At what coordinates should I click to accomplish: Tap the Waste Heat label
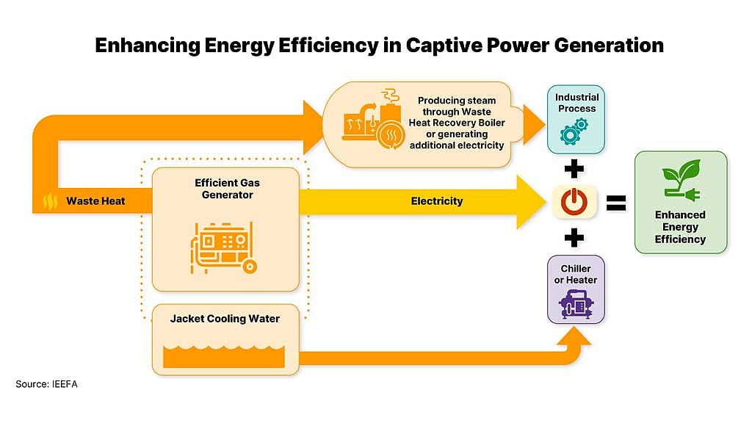[95, 201]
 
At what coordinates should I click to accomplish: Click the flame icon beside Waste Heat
[50, 201]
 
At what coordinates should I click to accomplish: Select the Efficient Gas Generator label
[228, 189]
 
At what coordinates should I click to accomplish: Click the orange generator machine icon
[224, 248]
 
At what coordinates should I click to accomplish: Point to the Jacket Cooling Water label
[225, 319]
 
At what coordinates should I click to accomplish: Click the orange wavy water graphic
[224, 356]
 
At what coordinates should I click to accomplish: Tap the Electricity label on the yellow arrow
[437, 201]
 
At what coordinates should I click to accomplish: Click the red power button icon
[574, 201]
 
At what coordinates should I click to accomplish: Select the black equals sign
[616, 203]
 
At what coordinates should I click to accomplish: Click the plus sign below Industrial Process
[574, 169]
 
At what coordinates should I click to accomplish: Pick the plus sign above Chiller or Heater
[574, 237]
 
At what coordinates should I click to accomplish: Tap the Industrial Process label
[577, 103]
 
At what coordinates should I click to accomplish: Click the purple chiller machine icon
[576, 305]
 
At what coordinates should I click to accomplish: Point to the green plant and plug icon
[681, 180]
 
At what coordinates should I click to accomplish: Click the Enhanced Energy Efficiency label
[680, 227]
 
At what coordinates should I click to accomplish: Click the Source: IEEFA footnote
[46, 384]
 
